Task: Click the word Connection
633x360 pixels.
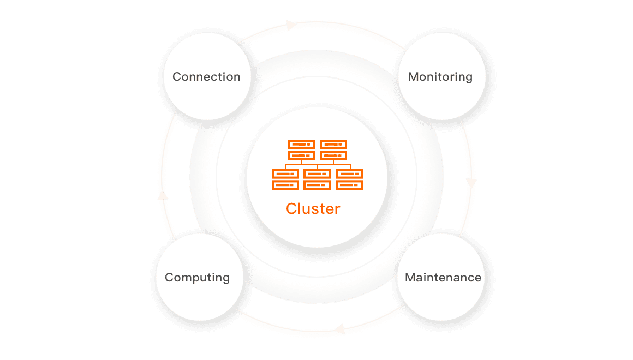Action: coord(206,77)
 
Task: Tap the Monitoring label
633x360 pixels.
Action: coord(440,77)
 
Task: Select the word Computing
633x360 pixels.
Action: coord(197,277)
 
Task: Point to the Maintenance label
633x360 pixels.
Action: coord(443,277)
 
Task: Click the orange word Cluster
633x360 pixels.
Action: coord(313,208)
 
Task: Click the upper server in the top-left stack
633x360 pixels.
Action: coord(301,145)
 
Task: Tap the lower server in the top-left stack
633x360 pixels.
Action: coord(301,155)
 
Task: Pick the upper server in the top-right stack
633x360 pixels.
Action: coord(333,145)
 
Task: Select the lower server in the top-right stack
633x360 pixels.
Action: coord(333,155)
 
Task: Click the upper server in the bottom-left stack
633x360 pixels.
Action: coord(285,174)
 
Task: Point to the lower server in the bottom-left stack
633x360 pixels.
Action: coord(285,185)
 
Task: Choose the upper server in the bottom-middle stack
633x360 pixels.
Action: coord(317,174)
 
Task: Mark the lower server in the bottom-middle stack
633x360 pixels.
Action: coord(317,185)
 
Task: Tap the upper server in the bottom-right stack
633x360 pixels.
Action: coord(350,174)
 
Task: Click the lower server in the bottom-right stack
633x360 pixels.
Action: coord(350,185)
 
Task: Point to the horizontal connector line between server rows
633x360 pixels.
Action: coord(317,164)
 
